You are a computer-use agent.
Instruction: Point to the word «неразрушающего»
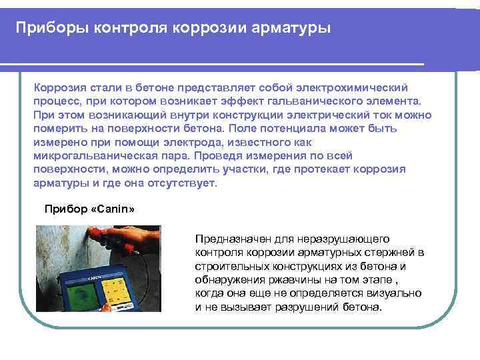coord(351,239)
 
